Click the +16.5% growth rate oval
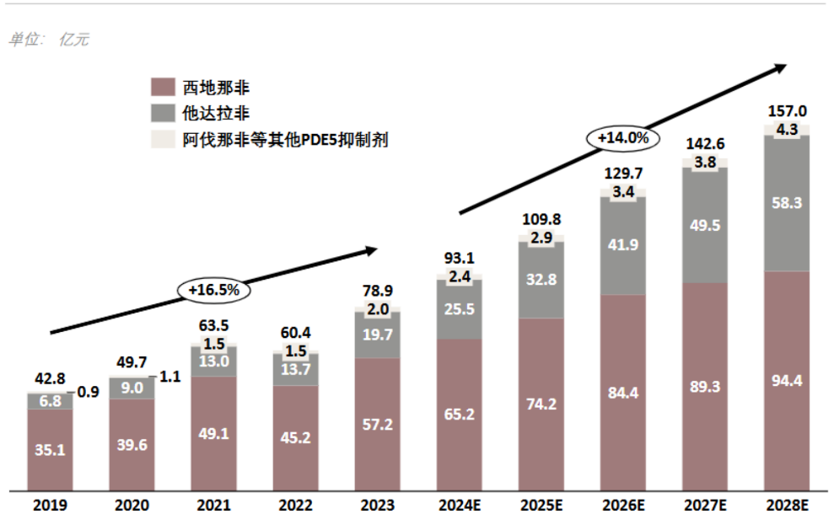pos(214,290)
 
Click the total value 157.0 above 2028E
pos(787,111)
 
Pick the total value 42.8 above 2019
pos(50,379)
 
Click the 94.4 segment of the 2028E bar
pos(787,381)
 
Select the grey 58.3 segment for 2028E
pos(787,203)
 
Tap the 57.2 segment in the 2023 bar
pos(377,424)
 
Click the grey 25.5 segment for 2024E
pos(460,309)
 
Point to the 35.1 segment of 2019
pos(50,449)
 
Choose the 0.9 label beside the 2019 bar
pos(89,393)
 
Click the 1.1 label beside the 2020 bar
pos(170,377)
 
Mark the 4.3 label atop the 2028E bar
pos(787,130)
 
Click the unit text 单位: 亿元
pos(49,40)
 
